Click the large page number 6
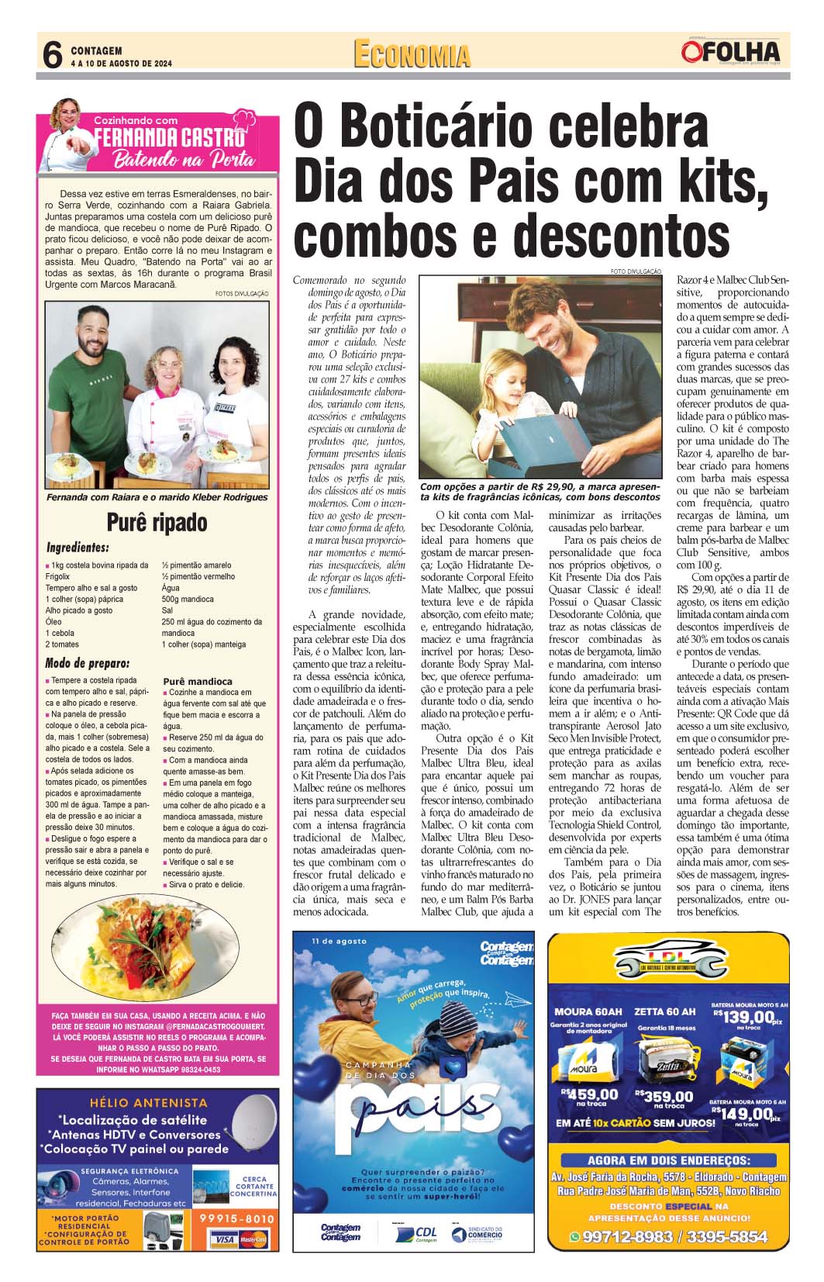click(x=52, y=55)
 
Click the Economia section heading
click(x=412, y=55)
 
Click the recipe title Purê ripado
click(x=157, y=523)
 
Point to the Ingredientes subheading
click(x=77, y=548)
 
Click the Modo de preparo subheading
click(x=87, y=663)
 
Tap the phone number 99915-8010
click(x=236, y=1218)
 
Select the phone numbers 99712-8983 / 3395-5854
click(x=668, y=1237)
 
